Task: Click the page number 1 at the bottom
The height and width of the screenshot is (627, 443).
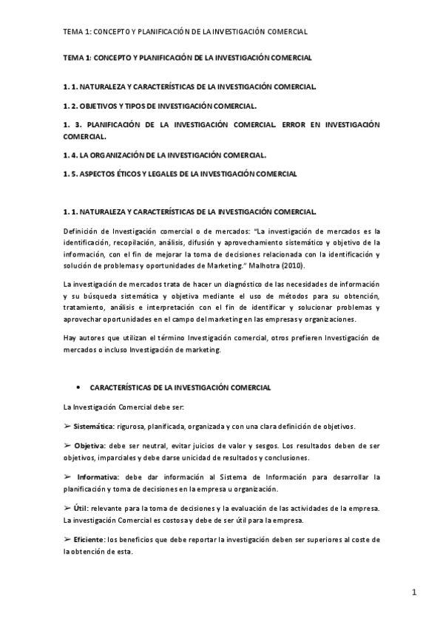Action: click(x=415, y=592)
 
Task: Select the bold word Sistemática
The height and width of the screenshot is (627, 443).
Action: click(x=94, y=426)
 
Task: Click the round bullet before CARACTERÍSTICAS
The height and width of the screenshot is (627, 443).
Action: click(x=78, y=387)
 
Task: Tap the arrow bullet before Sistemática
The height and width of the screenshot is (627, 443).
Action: click(x=67, y=426)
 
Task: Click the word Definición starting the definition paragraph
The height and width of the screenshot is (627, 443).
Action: click(x=81, y=232)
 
